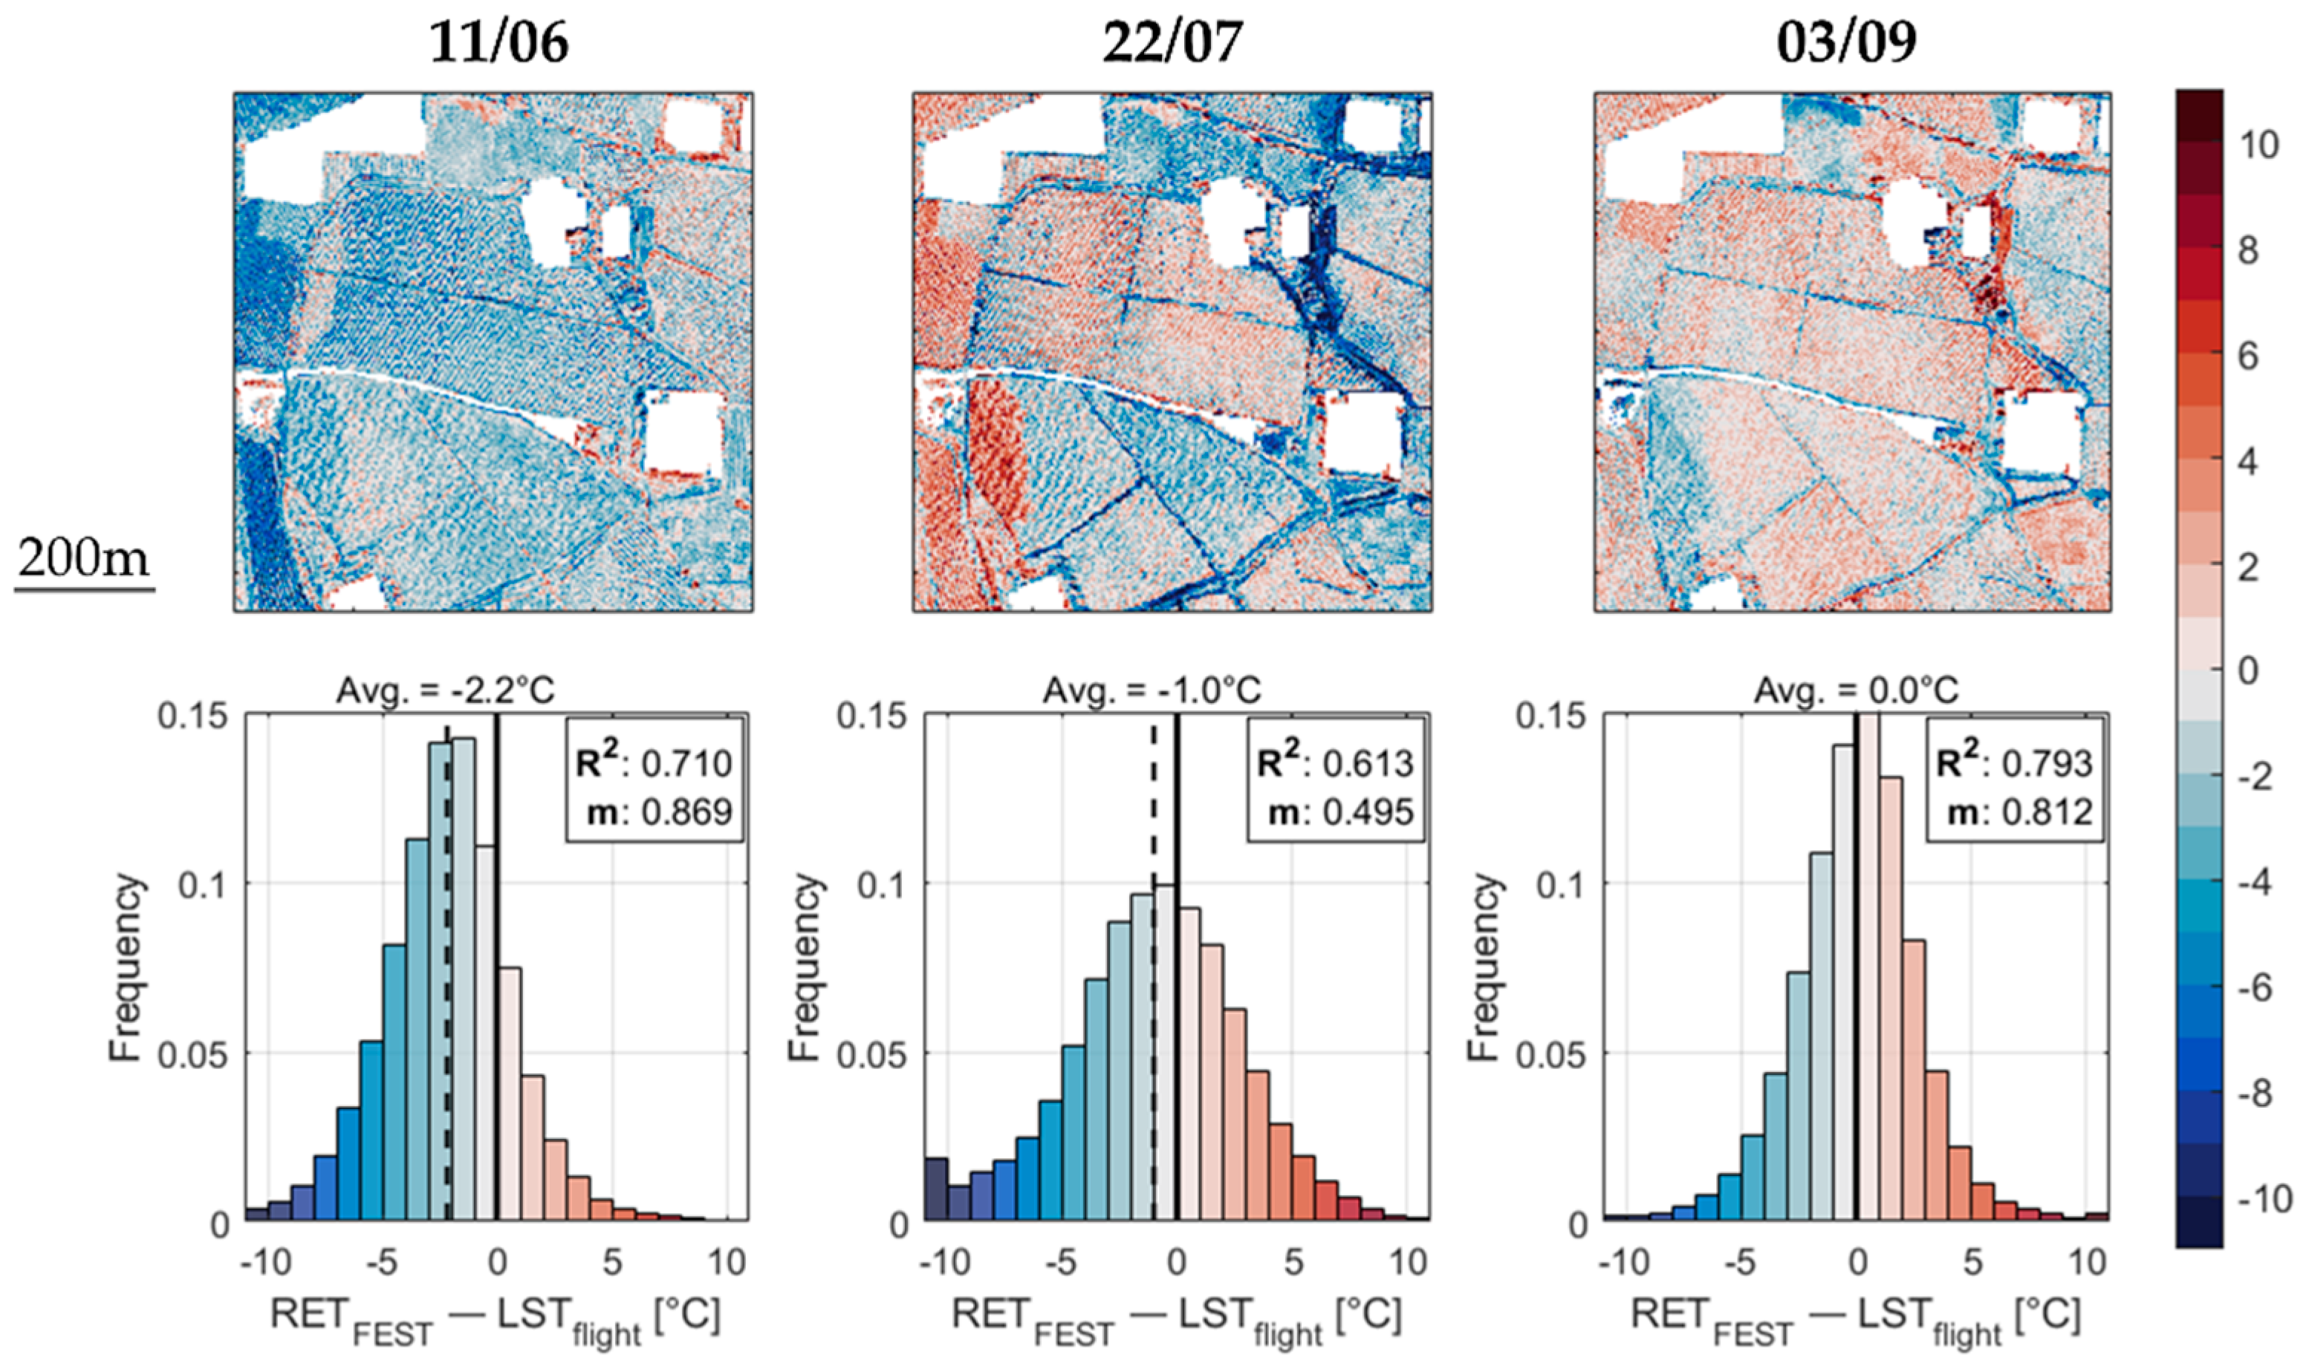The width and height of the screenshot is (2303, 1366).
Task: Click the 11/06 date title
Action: (x=499, y=42)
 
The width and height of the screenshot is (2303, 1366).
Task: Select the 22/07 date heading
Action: (x=1172, y=42)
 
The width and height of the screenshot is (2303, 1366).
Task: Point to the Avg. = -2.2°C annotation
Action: (x=446, y=690)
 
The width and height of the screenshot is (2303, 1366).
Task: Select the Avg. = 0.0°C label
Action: (x=1856, y=690)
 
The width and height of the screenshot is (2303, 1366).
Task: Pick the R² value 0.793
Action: (x=2046, y=763)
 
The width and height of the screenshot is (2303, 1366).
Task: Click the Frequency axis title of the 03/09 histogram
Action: (x=1483, y=967)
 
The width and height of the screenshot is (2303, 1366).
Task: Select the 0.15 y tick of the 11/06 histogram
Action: (x=192, y=716)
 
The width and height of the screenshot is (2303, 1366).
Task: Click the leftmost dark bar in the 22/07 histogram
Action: (x=937, y=1189)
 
